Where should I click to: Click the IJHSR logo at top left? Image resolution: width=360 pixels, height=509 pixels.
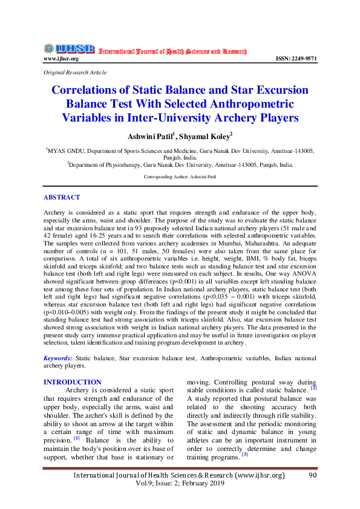click(68, 48)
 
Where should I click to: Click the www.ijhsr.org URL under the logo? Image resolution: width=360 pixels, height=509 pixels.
click(61, 59)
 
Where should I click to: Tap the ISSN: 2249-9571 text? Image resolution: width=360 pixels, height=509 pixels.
click(296, 59)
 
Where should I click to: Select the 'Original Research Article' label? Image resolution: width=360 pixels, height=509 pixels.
click(75, 73)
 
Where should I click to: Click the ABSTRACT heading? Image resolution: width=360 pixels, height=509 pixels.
click(62, 198)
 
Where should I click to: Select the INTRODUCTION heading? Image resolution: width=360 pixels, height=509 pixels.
click(73, 382)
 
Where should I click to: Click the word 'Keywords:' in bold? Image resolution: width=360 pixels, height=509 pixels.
click(59, 358)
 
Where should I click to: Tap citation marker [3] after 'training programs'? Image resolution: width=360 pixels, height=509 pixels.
click(244, 455)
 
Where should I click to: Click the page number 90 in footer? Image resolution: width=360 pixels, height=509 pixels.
click(312, 476)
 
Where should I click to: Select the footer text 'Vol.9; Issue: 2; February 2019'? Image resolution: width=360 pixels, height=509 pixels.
click(180, 484)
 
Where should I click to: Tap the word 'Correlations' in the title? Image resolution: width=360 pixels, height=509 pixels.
click(89, 91)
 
